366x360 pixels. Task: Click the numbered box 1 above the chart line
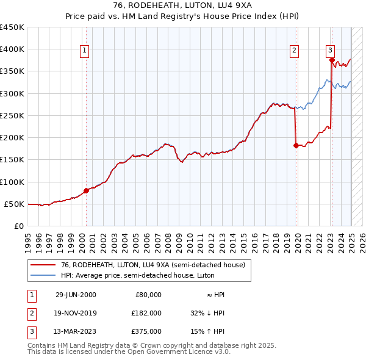click(x=84, y=51)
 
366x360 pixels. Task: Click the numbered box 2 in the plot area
click(x=294, y=51)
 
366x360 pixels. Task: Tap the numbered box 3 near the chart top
click(x=329, y=51)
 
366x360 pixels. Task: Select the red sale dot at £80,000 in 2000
click(x=86, y=190)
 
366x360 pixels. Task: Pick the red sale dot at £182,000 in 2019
click(x=296, y=145)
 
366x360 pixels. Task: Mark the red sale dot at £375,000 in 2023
click(x=332, y=60)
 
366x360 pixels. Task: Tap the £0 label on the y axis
click(x=18, y=226)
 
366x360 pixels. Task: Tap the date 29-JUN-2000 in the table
click(x=76, y=295)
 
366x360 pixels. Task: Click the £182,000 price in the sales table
click(x=146, y=313)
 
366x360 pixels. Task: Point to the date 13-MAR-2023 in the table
click(x=76, y=331)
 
